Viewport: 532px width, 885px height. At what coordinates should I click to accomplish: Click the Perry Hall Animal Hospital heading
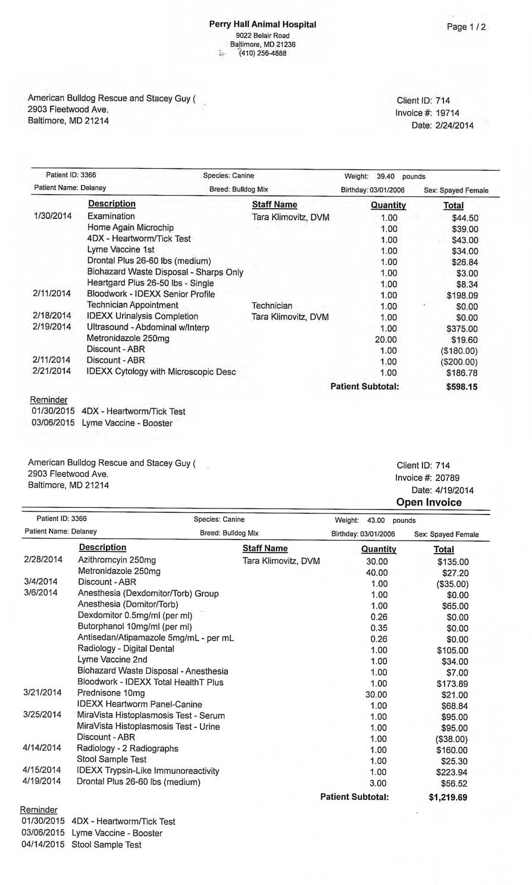262,24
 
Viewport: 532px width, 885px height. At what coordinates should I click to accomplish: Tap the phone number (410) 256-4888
262,54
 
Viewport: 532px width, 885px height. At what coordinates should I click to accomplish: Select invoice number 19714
447,113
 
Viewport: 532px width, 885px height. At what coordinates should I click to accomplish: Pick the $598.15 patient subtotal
462,387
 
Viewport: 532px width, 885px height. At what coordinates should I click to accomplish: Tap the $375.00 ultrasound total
462,328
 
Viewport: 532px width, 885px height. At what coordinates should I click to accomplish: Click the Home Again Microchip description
130,227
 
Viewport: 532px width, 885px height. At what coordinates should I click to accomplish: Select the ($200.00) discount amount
459,362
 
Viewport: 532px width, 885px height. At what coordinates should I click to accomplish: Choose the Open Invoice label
429,503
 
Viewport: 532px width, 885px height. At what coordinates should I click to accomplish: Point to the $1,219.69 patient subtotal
447,798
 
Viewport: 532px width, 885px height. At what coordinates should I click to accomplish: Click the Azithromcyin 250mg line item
117,560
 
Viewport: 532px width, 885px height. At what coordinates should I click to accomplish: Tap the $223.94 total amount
452,772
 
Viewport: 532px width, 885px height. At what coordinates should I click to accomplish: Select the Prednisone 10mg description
111,693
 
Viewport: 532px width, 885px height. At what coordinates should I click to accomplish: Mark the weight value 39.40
386,177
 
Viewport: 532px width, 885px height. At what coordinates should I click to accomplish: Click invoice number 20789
447,478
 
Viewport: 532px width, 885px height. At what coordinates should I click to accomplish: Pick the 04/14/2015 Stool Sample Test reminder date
43,845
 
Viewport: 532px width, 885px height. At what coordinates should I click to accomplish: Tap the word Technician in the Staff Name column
272,305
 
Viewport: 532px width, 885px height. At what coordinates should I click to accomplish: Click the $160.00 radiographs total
452,750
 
